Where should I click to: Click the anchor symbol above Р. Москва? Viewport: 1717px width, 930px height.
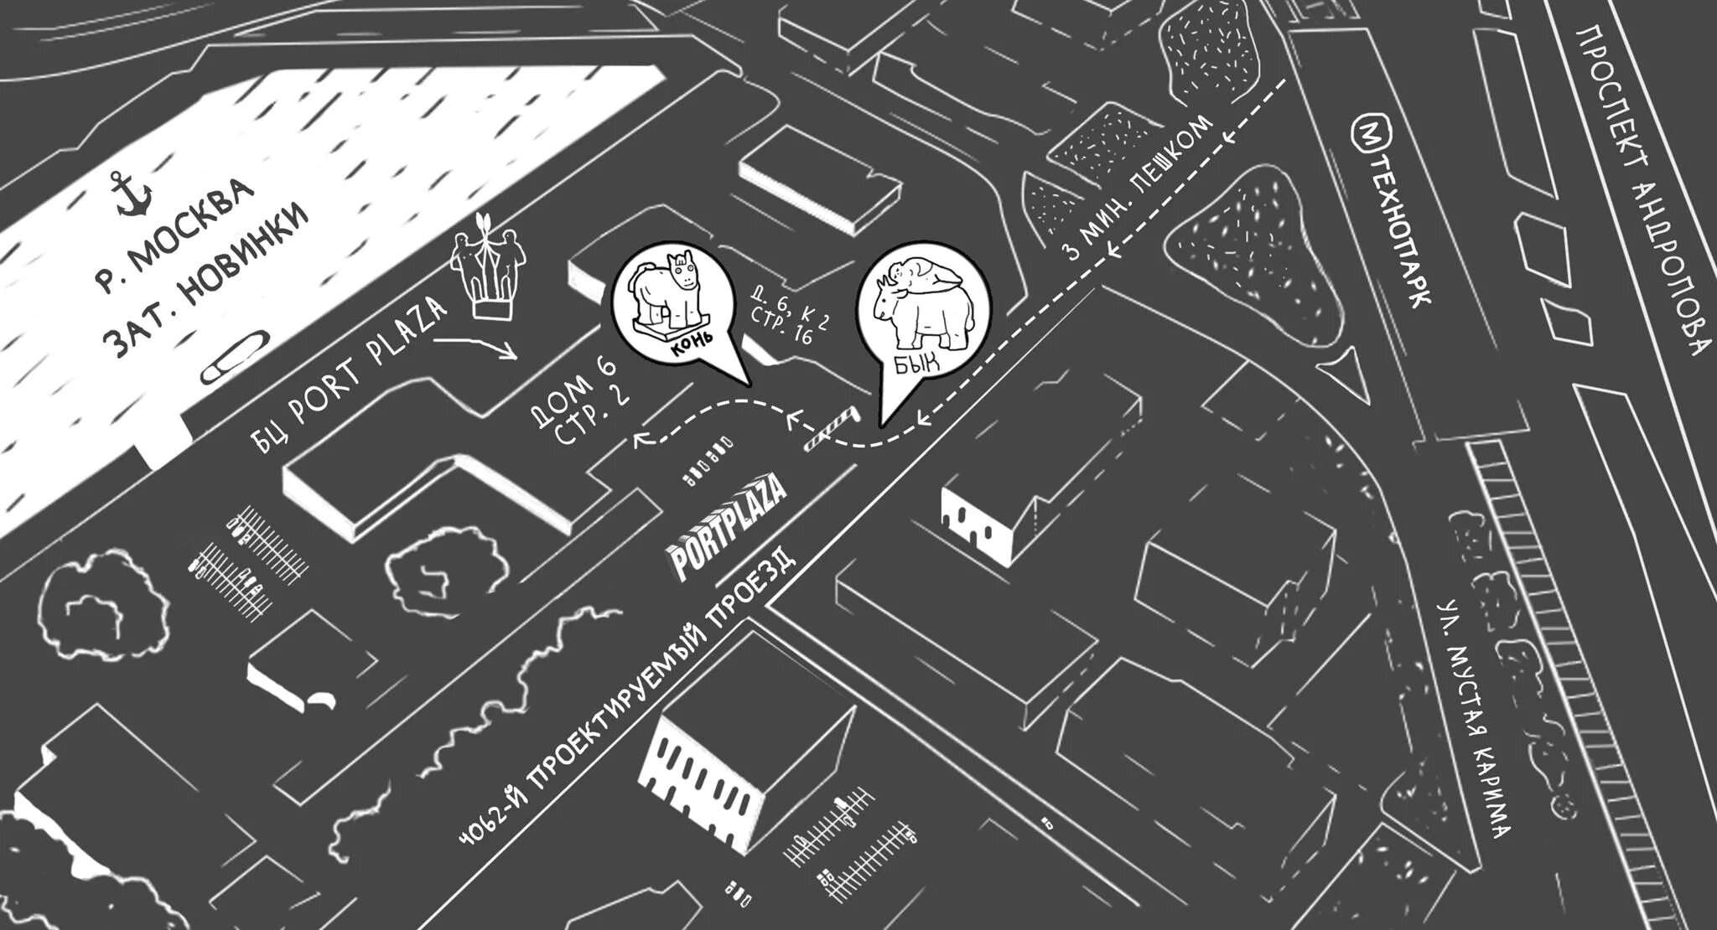click(x=132, y=194)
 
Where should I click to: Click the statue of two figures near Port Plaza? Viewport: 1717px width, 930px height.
click(x=489, y=267)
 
